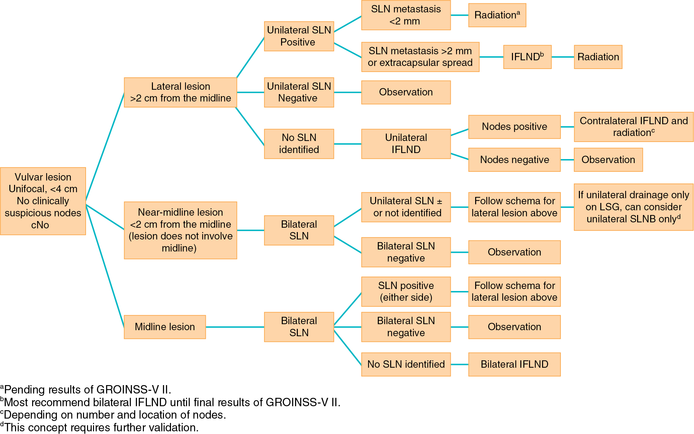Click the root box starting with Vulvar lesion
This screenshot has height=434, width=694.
click(43, 201)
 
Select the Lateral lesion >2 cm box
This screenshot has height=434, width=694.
click(180, 92)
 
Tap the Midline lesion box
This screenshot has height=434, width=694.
click(165, 327)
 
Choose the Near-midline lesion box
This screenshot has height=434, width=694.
click(180, 230)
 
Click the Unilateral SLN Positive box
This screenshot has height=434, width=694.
click(299, 36)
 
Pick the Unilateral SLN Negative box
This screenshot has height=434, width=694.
click(299, 92)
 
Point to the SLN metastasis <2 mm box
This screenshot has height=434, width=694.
click(406, 15)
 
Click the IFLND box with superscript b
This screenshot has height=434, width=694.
click(527, 57)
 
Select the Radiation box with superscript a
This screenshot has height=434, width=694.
click(497, 15)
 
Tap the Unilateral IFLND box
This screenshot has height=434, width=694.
click(406, 144)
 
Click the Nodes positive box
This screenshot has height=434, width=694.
click(514, 127)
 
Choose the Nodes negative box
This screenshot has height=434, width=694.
click(514, 160)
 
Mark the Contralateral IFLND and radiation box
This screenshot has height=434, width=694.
click(633, 127)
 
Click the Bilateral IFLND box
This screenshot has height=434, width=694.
click(514, 364)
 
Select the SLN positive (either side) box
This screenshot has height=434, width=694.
click(406, 292)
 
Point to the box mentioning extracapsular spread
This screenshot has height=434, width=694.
click(420, 57)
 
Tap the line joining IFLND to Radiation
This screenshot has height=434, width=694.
click(563, 57)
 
